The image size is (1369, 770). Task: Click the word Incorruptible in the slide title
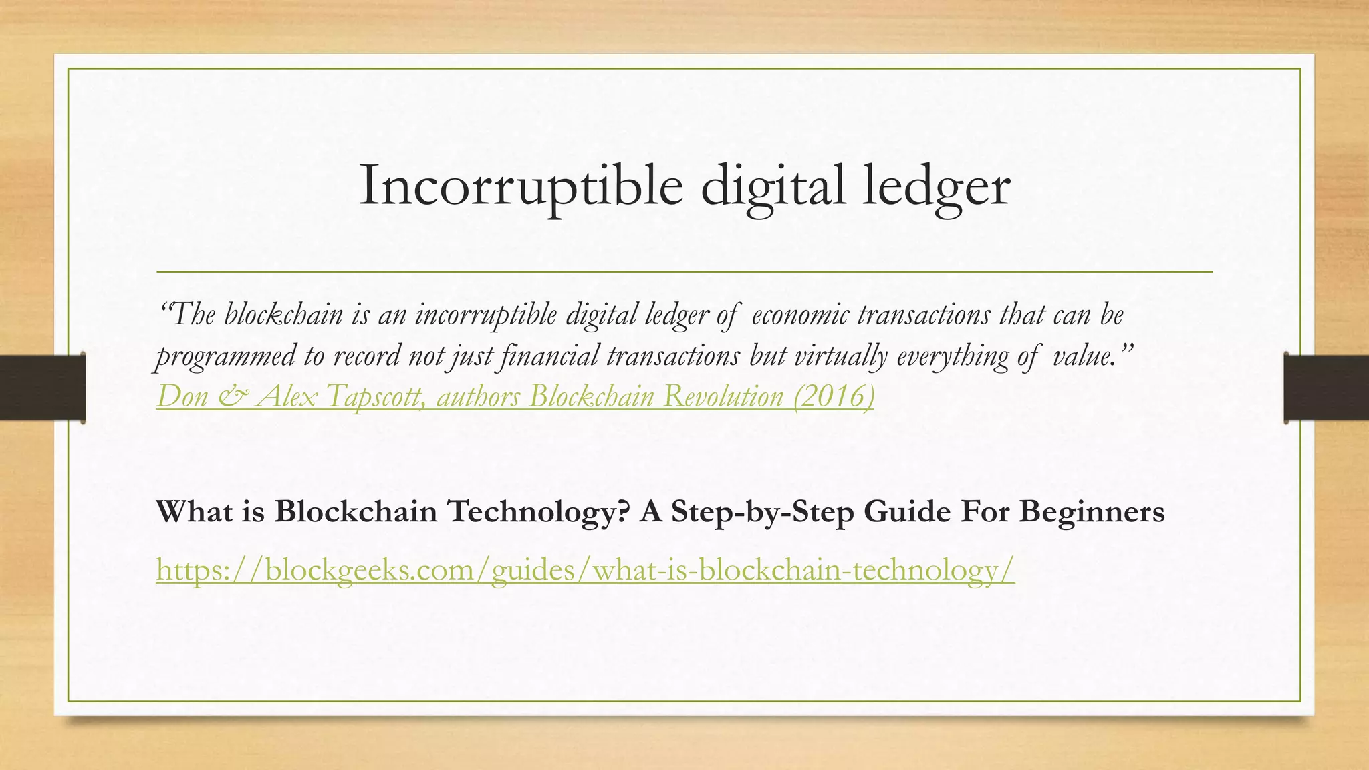coord(521,186)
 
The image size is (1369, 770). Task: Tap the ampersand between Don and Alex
coord(232,397)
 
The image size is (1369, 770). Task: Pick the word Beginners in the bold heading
coord(1092,512)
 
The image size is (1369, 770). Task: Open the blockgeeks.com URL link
coord(585,570)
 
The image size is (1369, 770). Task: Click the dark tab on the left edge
coord(42,388)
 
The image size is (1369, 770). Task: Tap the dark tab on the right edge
coord(1326,388)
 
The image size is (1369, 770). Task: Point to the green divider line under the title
coord(684,272)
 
